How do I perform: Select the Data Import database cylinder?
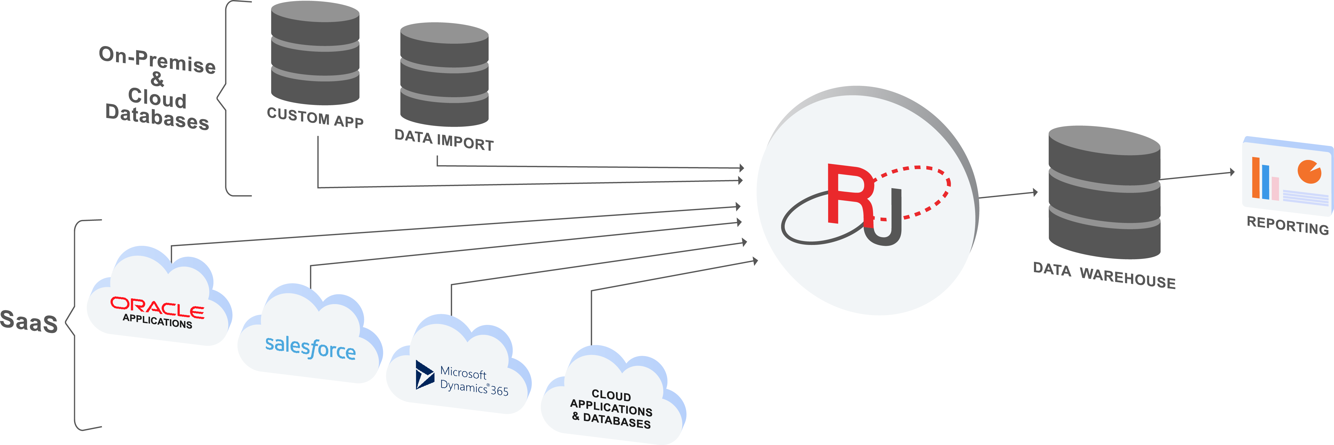click(444, 75)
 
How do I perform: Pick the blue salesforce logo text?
click(310, 347)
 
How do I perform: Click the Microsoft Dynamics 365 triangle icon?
click(424, 375)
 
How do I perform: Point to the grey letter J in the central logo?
click(886, 222)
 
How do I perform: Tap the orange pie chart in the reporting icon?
click(1309, 171)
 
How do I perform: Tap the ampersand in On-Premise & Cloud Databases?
click(157, 79)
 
